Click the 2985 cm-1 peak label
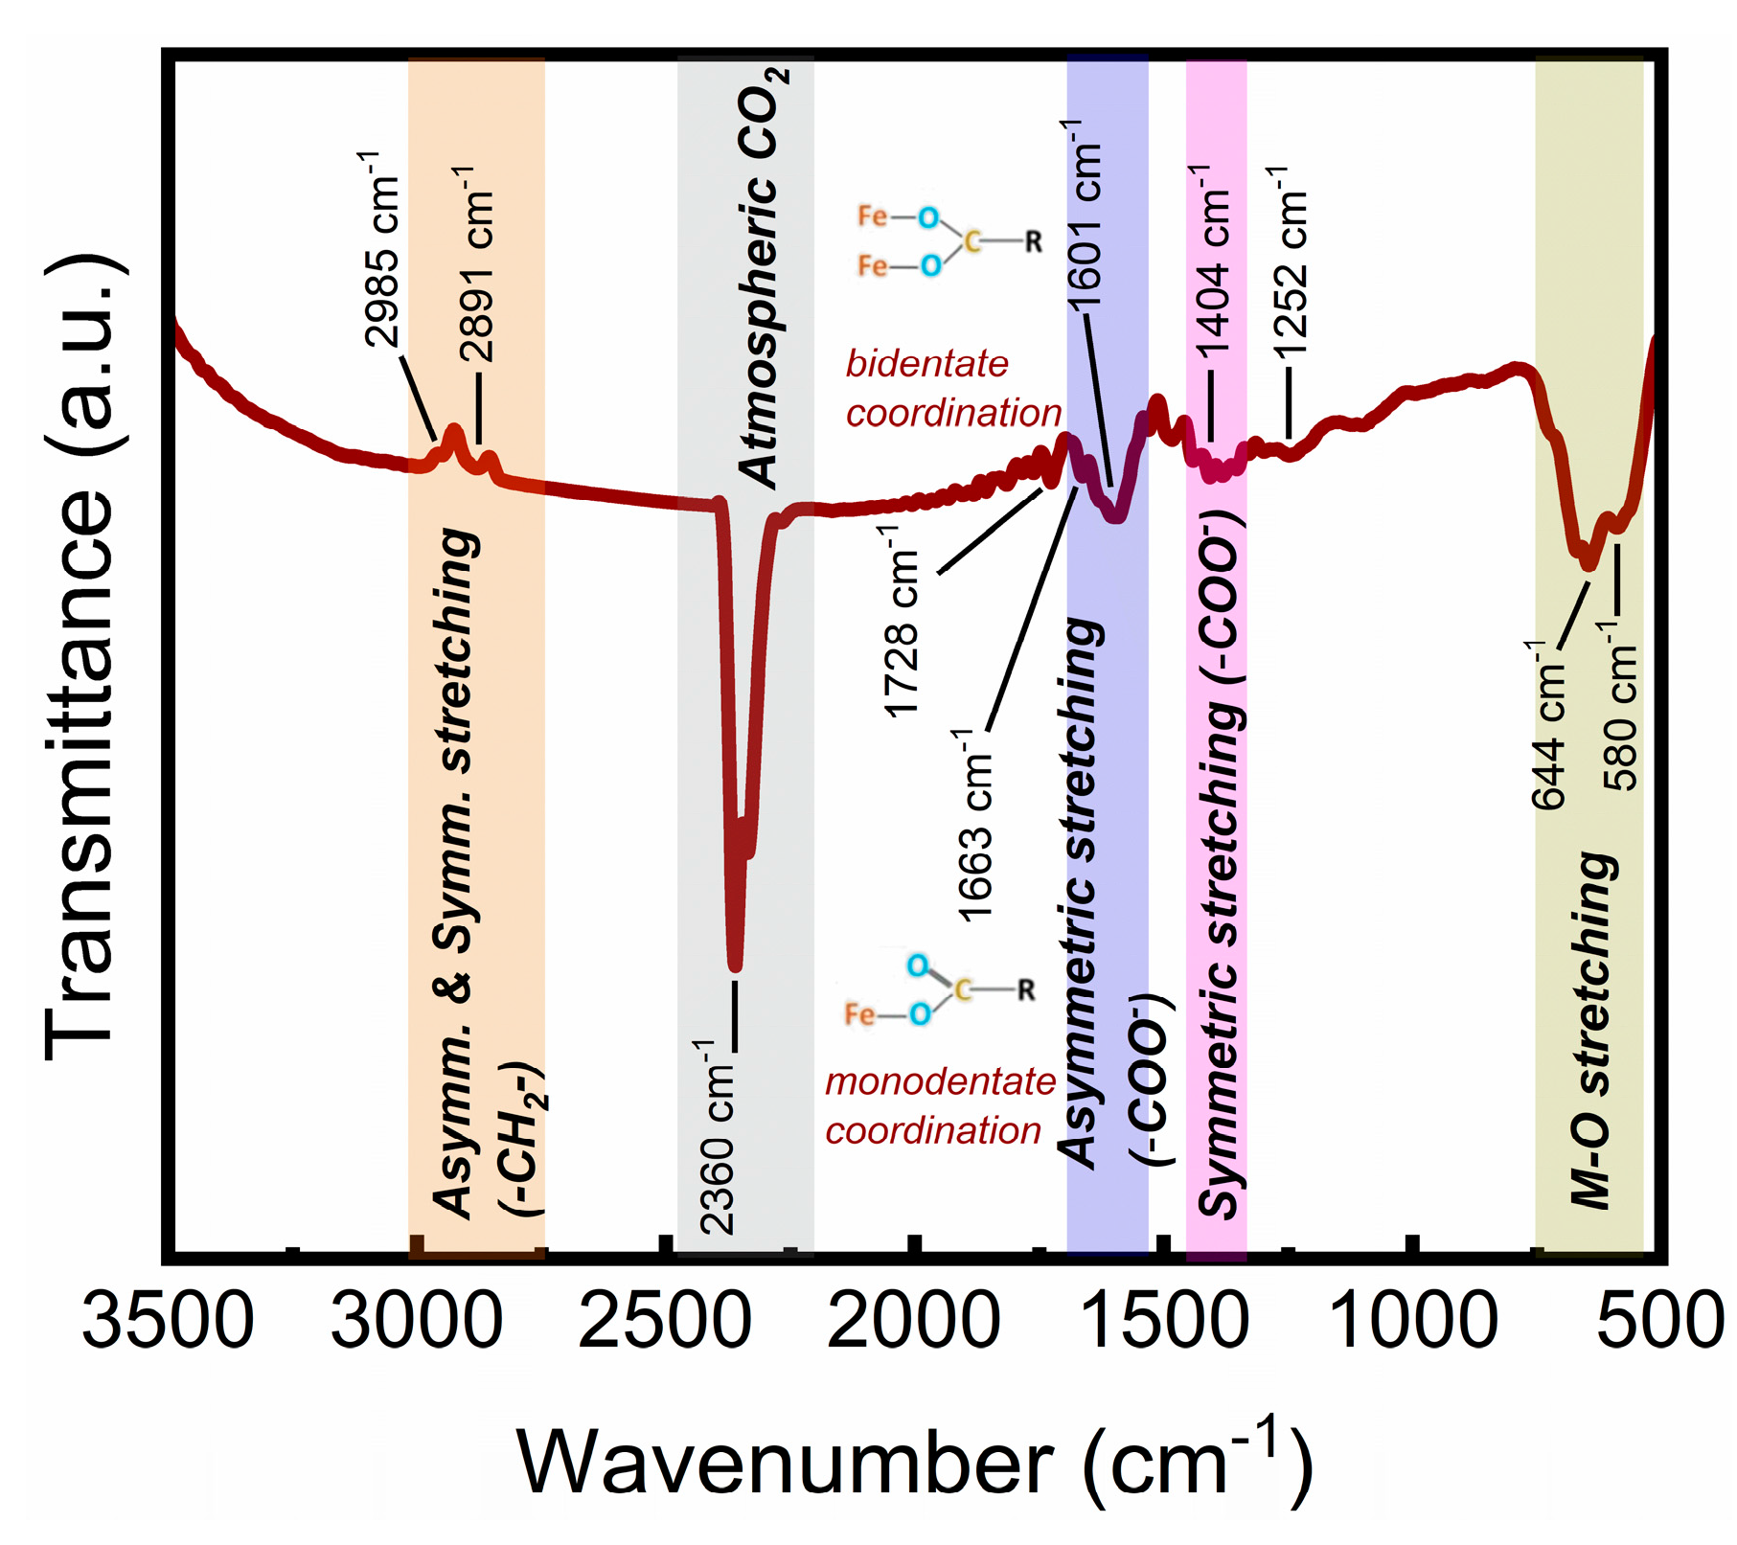pos(381,250)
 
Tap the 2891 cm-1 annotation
pos(476,264)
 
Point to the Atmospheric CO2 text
pos(762,278)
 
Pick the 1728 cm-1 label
pos(902,623)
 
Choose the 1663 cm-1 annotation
pos(974,826)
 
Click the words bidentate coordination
pos(952,389)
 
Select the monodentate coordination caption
pos(939,1106)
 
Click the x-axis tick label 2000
pos(913,1321)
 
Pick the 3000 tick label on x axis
pos(416,1321)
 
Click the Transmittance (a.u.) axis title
pos(81,657)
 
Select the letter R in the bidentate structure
pos(1033,242)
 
